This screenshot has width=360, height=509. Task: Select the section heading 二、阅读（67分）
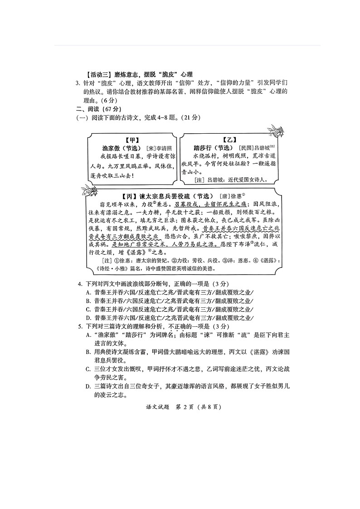click(98, 109)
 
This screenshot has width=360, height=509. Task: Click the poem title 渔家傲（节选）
click(122, 148)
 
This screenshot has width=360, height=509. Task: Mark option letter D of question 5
click(88, 386)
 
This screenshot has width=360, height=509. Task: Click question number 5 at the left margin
click(80, 326)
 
